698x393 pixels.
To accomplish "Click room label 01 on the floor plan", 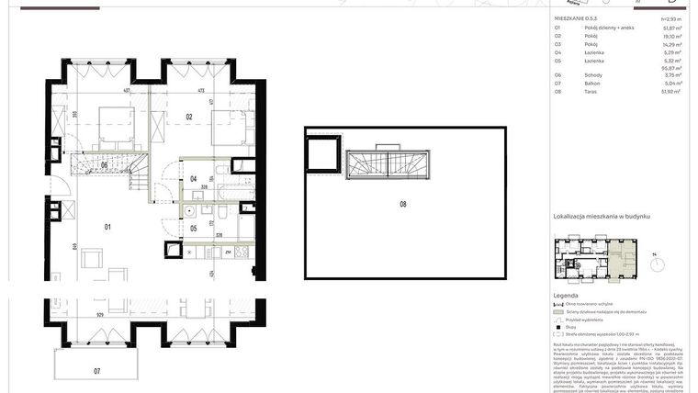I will pos(107,226).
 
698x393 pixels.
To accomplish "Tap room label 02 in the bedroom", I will pos(187,117).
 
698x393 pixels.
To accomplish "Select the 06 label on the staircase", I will pos(105,164).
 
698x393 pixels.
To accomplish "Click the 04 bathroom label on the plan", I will pos(193,178).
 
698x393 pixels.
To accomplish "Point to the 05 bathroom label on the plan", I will pos(193,230).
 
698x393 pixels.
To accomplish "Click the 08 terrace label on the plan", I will pos(403,204).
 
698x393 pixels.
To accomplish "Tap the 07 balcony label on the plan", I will pos(97,371).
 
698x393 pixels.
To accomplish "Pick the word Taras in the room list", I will pos(592,92).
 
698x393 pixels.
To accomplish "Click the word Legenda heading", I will pos(566,296).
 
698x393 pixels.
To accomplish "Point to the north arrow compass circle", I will pos(658,264).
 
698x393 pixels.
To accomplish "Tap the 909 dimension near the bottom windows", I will pos(99,315).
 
